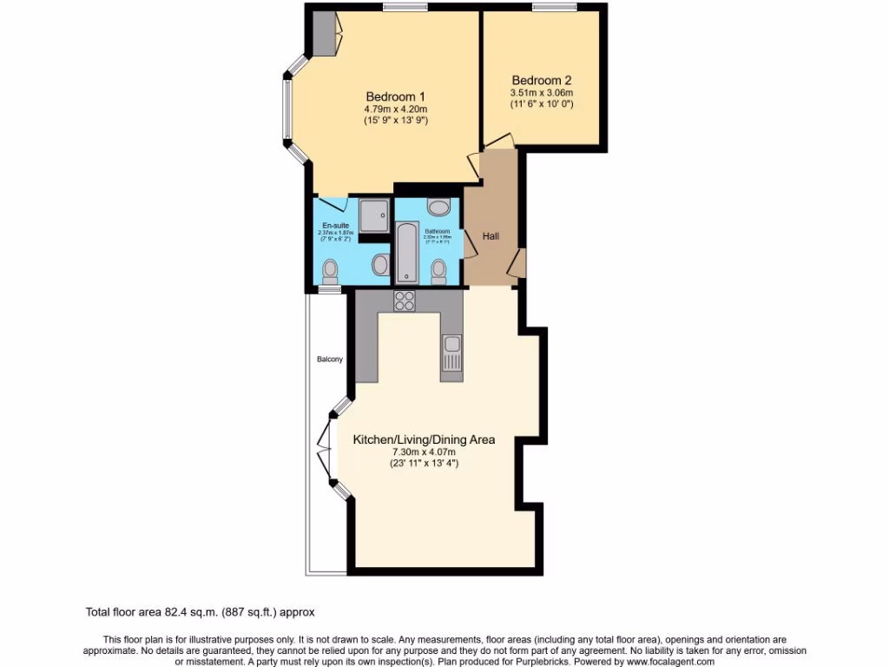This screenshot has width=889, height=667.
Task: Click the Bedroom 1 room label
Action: coord(395,96)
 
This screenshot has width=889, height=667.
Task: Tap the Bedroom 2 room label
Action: coord(542,76)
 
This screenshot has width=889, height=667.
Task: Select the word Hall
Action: coord(491,235)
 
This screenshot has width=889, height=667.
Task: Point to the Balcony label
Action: coord(329,360)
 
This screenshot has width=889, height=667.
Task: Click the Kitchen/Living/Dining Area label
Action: coord(424,439)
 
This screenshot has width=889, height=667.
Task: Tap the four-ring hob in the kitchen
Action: coord(405,300)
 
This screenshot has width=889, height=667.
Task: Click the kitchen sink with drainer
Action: coord(451,353)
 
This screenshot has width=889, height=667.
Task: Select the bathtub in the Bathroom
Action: coord(407,252)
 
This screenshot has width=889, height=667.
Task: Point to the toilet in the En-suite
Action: coord(329,273)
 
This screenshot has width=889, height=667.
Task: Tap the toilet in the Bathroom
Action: coord(438,271)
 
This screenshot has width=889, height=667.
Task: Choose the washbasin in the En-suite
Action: coord(380,264)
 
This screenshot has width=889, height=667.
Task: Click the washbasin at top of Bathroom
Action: coord(439,207)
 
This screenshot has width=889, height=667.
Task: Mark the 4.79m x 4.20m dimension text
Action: coord(395,109)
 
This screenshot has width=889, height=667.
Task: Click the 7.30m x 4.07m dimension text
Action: coord(424,452)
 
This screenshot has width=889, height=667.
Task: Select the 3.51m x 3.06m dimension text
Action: coord(542,92)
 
